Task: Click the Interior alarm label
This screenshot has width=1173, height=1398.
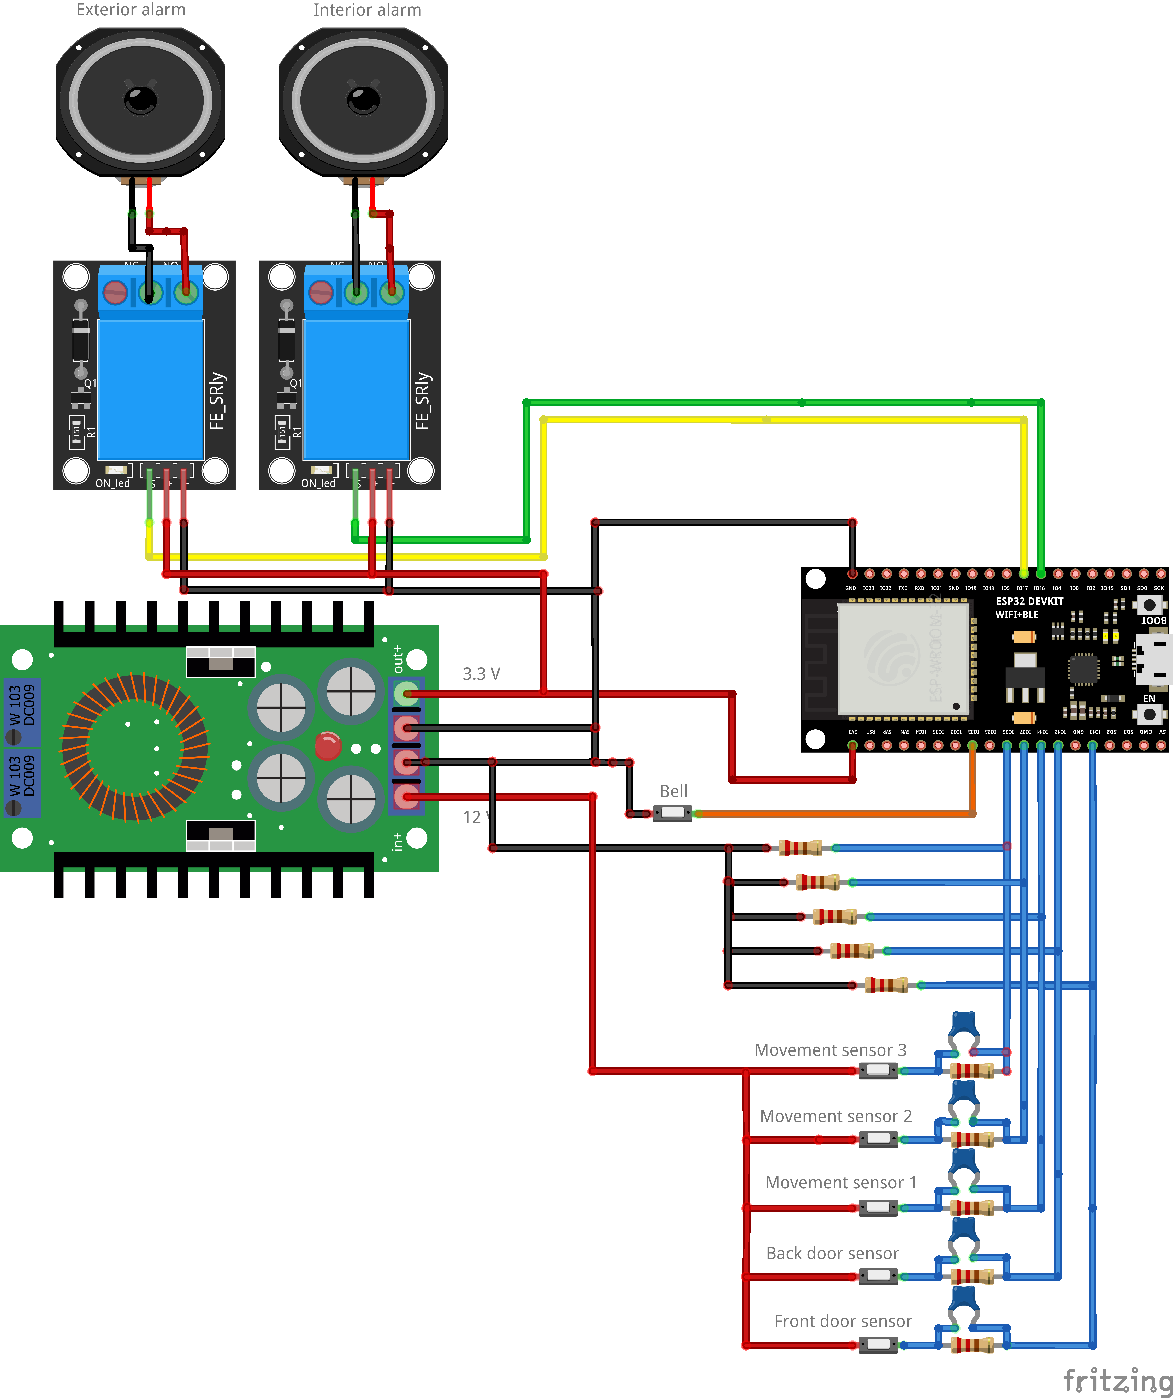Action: tap(367, 10)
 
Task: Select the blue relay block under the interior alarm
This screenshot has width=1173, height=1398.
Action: tap(356, 389)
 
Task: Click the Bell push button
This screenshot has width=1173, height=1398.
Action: tap(672, 813)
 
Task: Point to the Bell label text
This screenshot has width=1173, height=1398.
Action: tap(673, 791)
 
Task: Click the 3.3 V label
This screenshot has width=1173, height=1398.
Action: tap(481, 674)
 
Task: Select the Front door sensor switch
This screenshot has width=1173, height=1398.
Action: tap(878, 1345)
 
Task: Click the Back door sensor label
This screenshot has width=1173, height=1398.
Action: tap(832, 1254)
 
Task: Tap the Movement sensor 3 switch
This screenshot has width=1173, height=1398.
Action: tap(878, 1070)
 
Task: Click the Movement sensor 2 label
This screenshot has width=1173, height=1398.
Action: tap(836, 1116)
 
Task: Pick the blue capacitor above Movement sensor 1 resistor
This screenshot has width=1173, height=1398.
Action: tap(963, 1162)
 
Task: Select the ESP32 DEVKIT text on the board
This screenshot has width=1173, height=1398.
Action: tap(1029, 601)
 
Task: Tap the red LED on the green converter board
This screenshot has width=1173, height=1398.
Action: tap(328, 746)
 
